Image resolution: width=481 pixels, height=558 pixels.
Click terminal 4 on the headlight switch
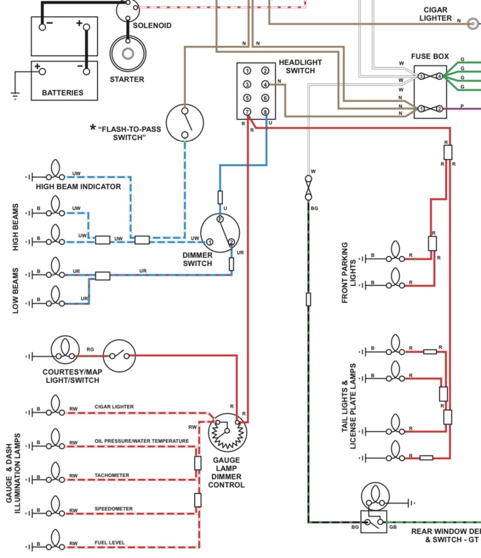[265, 84]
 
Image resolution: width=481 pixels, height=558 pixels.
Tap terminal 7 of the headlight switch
[247, 112]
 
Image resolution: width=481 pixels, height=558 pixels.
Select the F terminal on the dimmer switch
[220, 219]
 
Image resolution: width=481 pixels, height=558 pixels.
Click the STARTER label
[127, 79]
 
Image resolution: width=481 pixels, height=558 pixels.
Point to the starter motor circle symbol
[128, 54]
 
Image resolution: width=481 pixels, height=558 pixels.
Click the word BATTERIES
[62, 93]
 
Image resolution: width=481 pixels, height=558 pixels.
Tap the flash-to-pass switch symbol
[185, 123]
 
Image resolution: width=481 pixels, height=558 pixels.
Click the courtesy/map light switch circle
[119, 355]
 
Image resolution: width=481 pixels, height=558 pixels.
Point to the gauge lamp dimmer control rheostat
[227, 432]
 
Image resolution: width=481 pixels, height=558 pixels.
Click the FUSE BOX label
[430, 56]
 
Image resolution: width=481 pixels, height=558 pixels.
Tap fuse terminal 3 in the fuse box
[421, 76]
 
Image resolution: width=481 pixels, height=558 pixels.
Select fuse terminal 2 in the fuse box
[439, 109]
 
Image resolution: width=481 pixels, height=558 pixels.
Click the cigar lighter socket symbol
[473, 24]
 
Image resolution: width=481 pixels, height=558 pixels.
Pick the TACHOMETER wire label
[112, 475]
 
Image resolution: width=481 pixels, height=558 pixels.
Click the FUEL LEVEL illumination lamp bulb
[55, 539]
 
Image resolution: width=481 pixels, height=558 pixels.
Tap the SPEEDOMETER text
[113, 509]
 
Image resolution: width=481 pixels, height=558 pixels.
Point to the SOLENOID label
[152, 26]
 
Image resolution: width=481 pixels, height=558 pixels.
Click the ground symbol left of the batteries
[15, 95]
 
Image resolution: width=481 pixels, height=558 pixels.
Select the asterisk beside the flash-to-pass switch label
[93, 127]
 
